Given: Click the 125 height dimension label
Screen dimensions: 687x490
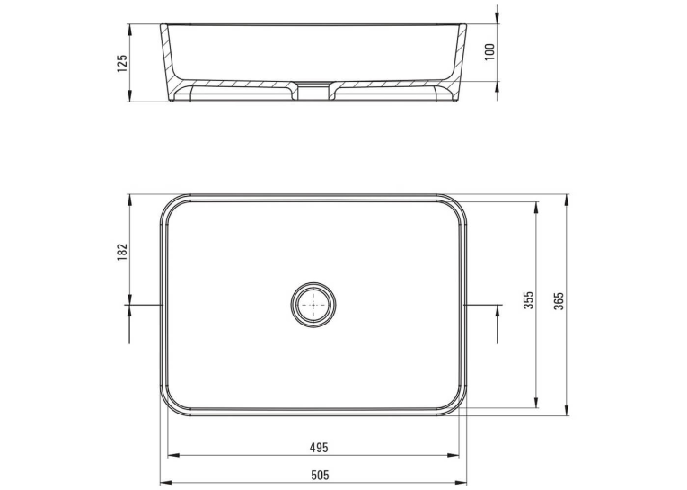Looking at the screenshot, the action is (122, 63).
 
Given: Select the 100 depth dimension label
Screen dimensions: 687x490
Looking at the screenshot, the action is (489, 52).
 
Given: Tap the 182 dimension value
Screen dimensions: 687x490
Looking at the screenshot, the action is (122, 253).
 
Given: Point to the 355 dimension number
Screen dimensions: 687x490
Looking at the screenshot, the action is (529, 300).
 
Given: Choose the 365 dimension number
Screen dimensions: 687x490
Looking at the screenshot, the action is (559, 301).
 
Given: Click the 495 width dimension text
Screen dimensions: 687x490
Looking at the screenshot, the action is (319, 448).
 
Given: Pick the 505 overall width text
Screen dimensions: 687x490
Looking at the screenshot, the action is (320, 475).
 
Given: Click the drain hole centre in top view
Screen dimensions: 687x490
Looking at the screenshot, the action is (313, 305).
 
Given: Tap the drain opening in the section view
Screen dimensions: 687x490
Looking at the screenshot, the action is (313, 91).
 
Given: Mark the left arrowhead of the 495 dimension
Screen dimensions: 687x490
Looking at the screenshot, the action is (173, 455).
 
